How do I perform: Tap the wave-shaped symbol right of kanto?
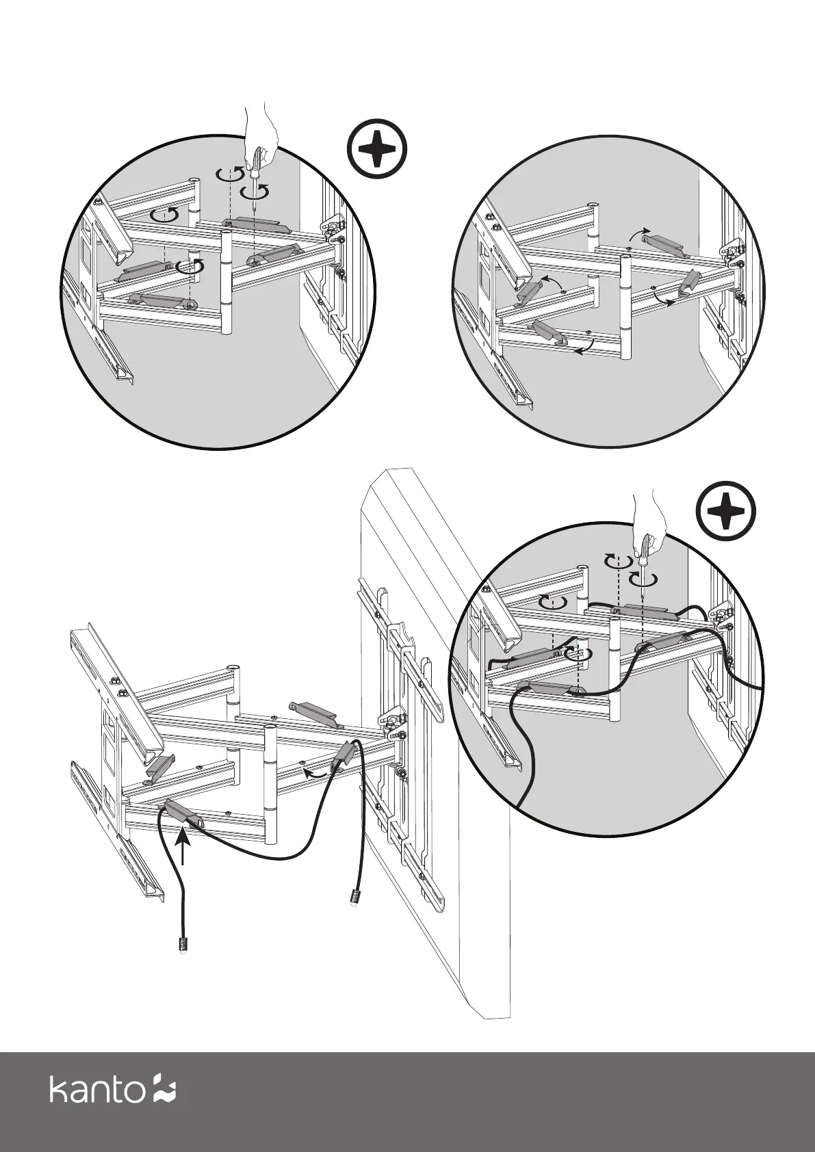click(164, 1088)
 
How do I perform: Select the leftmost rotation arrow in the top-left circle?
click(165, 215)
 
